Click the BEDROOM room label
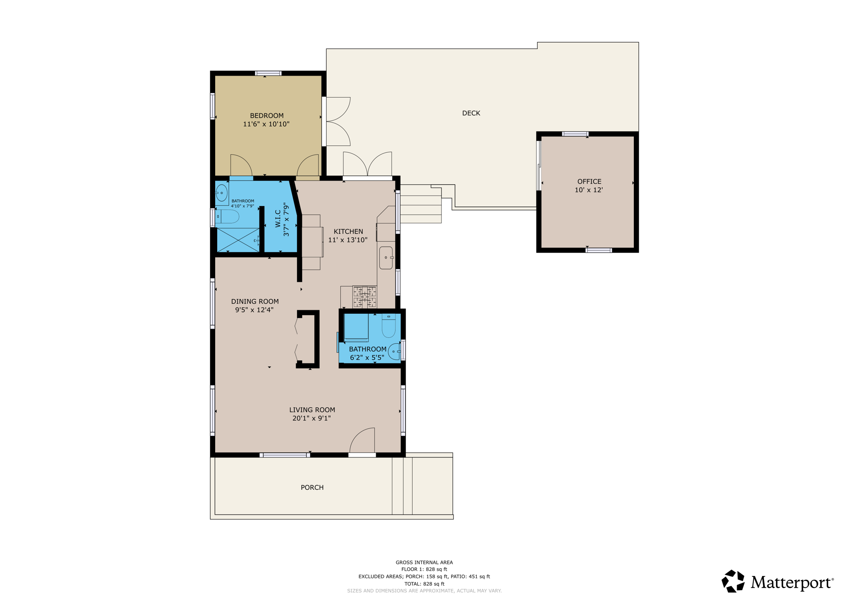point(267,115)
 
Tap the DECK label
point(471,113)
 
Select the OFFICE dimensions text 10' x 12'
point(588,190)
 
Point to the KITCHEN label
point(348,231)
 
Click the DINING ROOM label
point(255,301)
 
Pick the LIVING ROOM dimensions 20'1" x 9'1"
point(311,418)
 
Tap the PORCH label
point(312,487)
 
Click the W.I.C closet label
point(278,219)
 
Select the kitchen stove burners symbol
point(364,297)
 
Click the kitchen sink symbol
point(386,258)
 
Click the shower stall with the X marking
point(238,240)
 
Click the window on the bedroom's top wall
point(268,73)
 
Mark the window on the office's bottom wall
point(598,250)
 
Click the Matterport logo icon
point(733,581)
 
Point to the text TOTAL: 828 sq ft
point(424,584)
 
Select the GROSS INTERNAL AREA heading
point(424,562)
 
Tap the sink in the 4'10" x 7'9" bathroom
point(222,193)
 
